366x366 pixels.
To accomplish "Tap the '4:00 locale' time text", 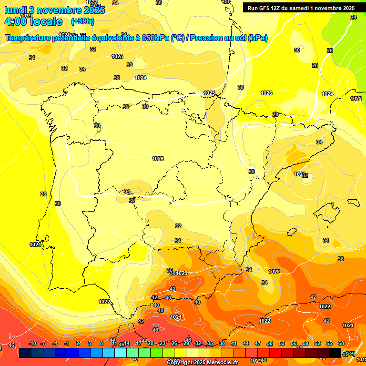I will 33,21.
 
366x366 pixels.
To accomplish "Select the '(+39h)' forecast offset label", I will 82,21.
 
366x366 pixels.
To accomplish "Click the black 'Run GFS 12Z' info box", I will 300,8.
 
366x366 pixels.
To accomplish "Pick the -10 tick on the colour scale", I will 32,343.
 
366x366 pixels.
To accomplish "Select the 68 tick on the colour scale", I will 341,343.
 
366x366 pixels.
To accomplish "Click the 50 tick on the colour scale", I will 270,343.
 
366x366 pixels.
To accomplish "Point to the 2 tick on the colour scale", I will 78,343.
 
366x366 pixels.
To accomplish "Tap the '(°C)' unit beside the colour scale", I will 349,354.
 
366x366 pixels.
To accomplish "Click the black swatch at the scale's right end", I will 335,353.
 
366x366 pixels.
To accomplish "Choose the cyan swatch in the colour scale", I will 120,353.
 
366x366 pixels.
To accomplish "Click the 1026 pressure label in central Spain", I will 158,159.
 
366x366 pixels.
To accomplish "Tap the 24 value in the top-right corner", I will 353,17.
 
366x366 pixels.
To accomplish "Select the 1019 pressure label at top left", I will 26,16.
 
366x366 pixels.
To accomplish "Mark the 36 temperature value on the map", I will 169,270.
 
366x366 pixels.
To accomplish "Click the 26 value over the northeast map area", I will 329,51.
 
